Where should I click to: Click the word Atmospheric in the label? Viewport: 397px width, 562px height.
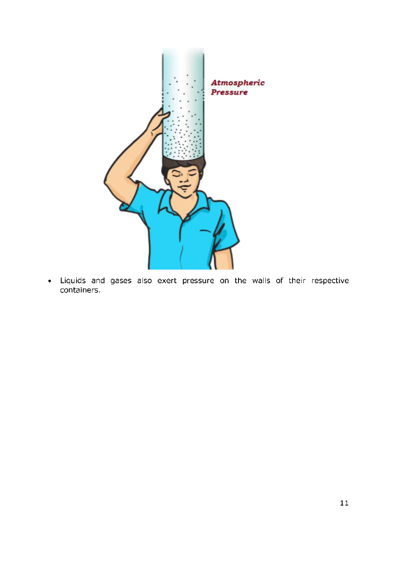[238, 83]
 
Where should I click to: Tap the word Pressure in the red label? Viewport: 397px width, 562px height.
[229, 93]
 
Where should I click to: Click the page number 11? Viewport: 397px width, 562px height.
[344, 503]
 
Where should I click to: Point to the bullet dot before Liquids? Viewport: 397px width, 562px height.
[50, 281]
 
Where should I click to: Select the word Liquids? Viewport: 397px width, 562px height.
[73, 281]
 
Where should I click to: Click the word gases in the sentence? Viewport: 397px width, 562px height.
[121, 281]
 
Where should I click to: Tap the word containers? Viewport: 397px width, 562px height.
[80, 290]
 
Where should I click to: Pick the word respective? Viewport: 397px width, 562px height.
[330, 281]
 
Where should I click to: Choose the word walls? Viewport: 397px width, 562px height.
[261, 281]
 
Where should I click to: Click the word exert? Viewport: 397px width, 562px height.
[167, 281]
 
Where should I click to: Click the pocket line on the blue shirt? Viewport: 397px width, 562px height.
[205, 231]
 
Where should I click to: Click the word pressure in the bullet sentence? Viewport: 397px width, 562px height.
[198, 281]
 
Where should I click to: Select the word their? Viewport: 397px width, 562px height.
[297, 281]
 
